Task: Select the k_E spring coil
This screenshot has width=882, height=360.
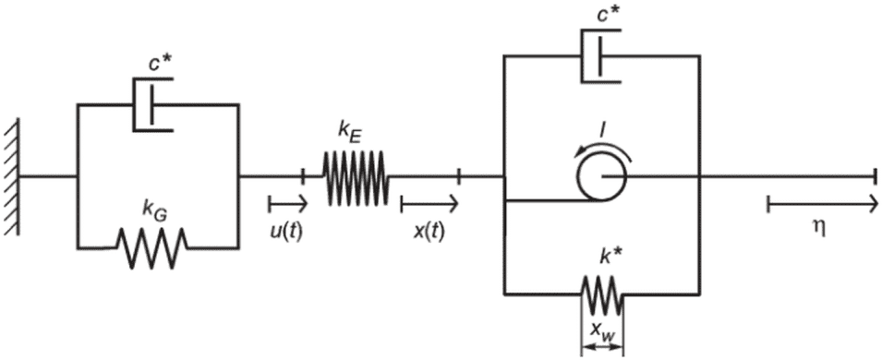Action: [x=355, y=176]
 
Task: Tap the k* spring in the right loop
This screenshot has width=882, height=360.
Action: [x=602, y=294]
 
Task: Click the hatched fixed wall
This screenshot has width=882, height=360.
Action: [x=12, y=176]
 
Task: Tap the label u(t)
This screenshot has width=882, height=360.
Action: [x=287, y=231]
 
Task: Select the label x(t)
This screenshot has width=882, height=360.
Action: [x=429, y=231]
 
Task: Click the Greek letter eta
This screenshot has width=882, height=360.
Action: [x=820, y=230]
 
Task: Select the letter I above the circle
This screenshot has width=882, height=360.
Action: [x=602, y=133]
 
